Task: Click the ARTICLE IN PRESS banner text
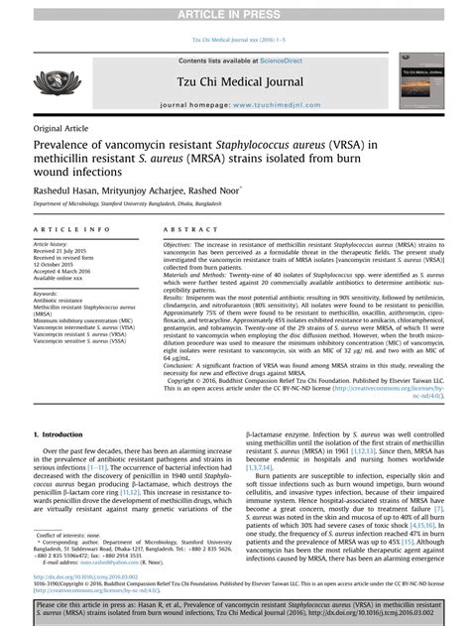click(235, 11)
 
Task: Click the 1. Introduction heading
click(64, 436)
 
